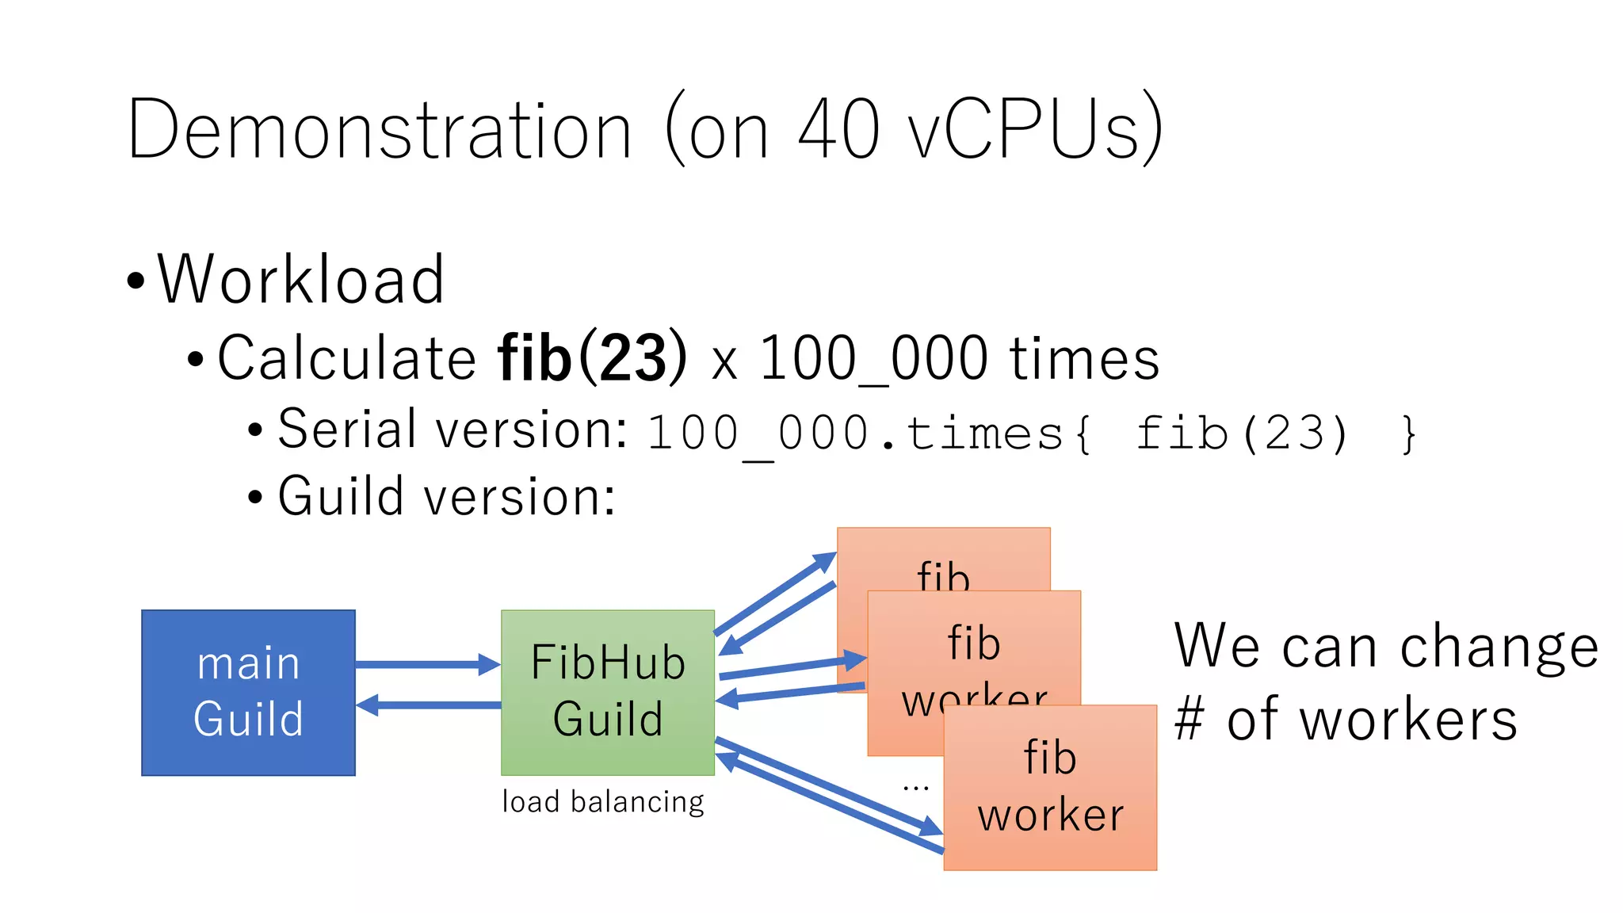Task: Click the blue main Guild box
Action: click(x=248, y=692)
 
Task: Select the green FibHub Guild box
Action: click(x=608, y=692)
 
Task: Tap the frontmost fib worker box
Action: click(x=1050, y=787)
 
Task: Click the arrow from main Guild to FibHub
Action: click(x=428, y=664)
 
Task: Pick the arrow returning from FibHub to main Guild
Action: click(x=428, y=705)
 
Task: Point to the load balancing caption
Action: click(x=603, y=802)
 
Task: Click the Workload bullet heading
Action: click(x=300, y=279)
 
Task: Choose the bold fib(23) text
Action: click(x=593, y=358)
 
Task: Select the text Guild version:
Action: click(x=447, y=497)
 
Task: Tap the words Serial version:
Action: click(x=453, y=430)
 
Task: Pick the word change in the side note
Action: click(x=1499, y=648)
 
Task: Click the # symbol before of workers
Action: click(x=1190, y=719)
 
